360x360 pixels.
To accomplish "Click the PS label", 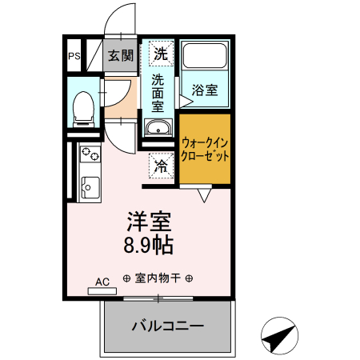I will pyautogui.click(x=74, y=56).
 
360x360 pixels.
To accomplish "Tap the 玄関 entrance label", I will pyautogui.click(x=122, y=56).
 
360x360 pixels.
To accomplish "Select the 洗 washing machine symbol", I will pyautogui.click(x=161, y=54).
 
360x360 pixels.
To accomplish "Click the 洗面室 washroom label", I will pyautogui.click(x=158, y=90).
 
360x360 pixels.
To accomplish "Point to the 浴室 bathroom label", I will pyautogui.click(x=205, y=90).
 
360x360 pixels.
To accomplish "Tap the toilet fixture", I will pyautogui.click(x=82, y=107).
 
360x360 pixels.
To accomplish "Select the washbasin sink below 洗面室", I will pyautogui.click(x=158, y=127).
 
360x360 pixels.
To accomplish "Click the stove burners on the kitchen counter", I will pyautogui.click(x=89, y=154).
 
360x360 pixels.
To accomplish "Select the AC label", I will pyautogui.click(x=102, y=282).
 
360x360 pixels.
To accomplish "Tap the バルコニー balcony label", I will pyautogui.click(x=167, y=327).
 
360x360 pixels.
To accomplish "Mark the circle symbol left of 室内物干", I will pyautogui.click(x=126, y=279).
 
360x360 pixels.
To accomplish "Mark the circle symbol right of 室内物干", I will pyautogui.click(x=190, y=279).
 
